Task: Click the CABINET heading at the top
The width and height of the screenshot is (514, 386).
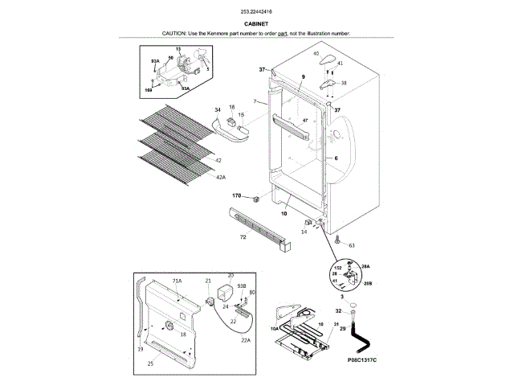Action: pos(256,24)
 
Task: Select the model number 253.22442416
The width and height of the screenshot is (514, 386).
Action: pos(256,12)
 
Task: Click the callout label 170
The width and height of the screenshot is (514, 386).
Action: pos(237,195)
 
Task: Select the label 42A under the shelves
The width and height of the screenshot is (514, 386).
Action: pos(220,177)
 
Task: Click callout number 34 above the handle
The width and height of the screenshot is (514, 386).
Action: pos(217,109)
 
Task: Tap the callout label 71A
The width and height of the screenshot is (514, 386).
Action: pos(177,281)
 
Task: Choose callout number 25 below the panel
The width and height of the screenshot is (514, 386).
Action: pos(150,364)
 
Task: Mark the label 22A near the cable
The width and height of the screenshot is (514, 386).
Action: pos(246,340)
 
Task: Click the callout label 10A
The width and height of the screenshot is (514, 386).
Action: pos(274,329)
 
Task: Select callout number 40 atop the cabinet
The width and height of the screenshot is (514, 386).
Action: pos(316,53)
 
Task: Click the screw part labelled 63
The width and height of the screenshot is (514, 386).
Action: pos(338,239)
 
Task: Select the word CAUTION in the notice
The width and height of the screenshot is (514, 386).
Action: pos(174,33)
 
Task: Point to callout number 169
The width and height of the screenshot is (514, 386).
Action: pos(149,91)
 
